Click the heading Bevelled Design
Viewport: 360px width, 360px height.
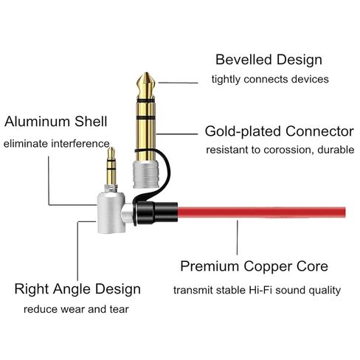[x=269, y=60]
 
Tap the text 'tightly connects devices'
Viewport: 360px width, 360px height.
[x=270, y=80]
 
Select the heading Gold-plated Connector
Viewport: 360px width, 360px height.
[x=280, y=131]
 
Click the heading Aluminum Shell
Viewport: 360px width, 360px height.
[x=56, y=122]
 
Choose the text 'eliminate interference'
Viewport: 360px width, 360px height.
[x=57, y=144]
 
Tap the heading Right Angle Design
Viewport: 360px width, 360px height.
[x=77, y=289]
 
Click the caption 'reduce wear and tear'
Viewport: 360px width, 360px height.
[x=76, y=309]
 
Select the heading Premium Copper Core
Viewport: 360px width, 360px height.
[x=255, y=266]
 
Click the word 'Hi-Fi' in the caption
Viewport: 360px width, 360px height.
[x=260, y=290]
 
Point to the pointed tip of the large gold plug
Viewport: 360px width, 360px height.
[x=146, y=73]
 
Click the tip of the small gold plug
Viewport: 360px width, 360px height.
[x=111, y=148]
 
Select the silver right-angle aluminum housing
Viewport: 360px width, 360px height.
[x=111, y=212]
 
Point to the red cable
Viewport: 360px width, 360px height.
[x=261, y=212]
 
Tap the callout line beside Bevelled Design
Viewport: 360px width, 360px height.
[x=179, y=83]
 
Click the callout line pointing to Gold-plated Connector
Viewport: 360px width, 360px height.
[x=177, y=134]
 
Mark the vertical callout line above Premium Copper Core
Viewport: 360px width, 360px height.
[x=238, y=238]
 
